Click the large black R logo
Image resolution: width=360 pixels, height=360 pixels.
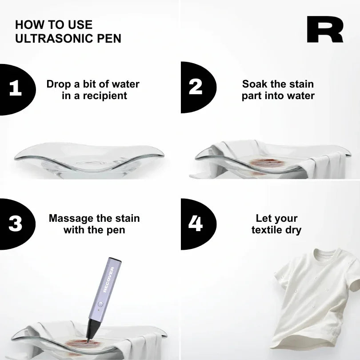324,30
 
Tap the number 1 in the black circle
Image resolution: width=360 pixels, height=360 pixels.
15,88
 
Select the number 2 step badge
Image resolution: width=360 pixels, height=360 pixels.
196,87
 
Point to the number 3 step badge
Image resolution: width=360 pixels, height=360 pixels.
15,224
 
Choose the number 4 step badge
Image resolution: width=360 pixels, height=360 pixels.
196,224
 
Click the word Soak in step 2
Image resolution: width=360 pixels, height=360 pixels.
254,84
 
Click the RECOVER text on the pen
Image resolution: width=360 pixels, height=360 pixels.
108,279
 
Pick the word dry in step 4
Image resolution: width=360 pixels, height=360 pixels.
293,230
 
